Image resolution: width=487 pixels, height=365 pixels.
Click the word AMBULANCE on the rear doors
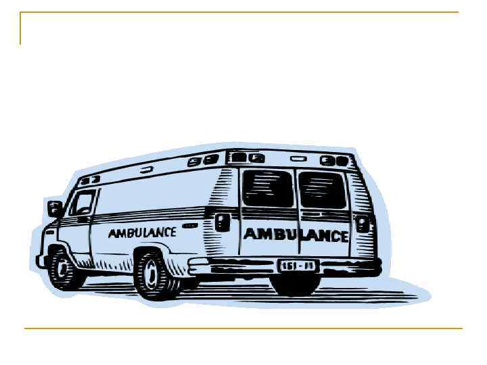click(x=296, y=235)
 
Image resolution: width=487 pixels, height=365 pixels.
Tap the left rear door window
click(x=268, y=188)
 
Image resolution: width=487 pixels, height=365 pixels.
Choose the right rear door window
click(x=322, y=189)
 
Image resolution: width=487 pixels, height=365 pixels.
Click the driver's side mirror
click(x=55, y=208)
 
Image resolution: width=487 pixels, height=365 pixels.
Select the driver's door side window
click(x=84, y=202)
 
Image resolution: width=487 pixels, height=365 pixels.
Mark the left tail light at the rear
click(x=222, y=222)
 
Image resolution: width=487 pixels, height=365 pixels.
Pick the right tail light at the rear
click(x=365, y=222)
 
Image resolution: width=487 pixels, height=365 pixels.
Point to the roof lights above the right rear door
click(x=334, y=161)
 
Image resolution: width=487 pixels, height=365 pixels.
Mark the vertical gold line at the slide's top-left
click(x=20, y=28)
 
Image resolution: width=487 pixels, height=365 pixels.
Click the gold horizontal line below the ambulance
click(x=243, y=328)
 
